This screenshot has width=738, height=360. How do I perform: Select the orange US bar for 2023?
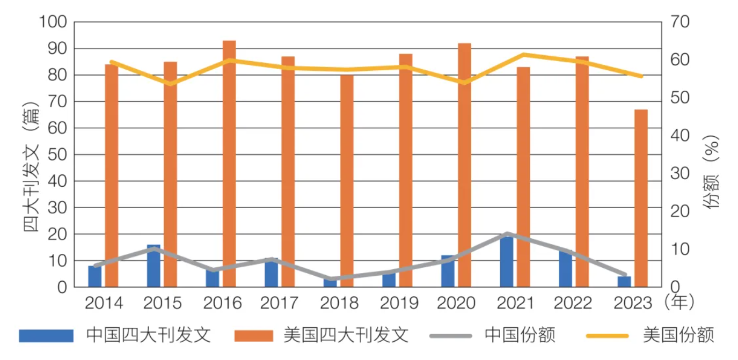coord(641,199)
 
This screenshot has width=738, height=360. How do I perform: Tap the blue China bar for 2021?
coord(506,263)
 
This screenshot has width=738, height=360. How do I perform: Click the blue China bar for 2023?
coord(624,282)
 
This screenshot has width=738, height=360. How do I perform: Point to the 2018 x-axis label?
coord(339,304)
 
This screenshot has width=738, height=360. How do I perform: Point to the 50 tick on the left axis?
coord(57,155)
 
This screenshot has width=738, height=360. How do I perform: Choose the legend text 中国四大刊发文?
coord(148,335)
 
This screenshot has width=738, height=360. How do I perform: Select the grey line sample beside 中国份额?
coord(451,336)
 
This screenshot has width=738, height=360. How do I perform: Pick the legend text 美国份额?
coord(678,335)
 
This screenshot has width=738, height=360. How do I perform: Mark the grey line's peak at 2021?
coord(506,234)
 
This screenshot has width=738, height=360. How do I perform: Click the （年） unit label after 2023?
coord(679,303)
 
